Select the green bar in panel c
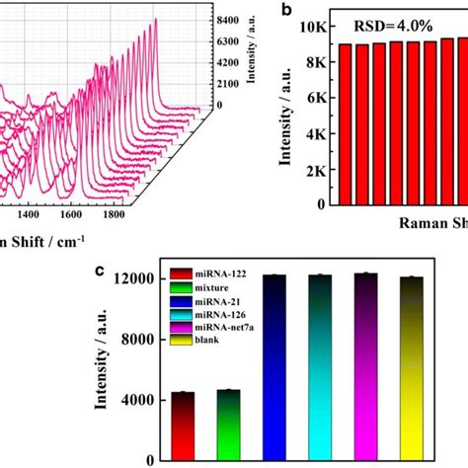[229, 425]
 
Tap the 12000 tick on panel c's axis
[135, 279]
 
